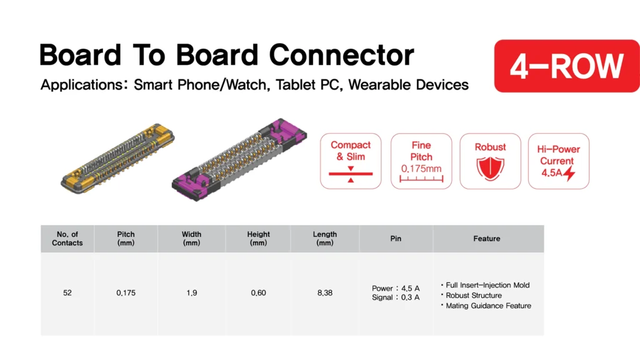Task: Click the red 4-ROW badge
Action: (x=567, y=66)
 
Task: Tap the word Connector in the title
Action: (x=342, y=55)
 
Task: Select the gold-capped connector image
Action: (x=117, y=158)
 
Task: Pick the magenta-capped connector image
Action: (x=239, y=159)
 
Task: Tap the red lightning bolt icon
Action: (x=569, y=173)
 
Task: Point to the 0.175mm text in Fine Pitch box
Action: (x=421, y=169)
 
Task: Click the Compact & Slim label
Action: (x=351, y=151)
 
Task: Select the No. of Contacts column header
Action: (x=67, y=239)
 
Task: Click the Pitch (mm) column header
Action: (x=126, y=239)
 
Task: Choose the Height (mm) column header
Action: (x=258, y=239)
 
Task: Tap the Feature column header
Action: (x=486, y=239)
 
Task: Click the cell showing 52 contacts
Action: (x=67, y=293)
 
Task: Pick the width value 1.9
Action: (x=191, y=293)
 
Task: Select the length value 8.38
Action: (x=325, y=293)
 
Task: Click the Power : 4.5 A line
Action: (x=396, y=289)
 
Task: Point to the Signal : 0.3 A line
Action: (x=396, y=297)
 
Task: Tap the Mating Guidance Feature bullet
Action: (x=486, y=306)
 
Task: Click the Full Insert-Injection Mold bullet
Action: (x=485, y=285)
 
